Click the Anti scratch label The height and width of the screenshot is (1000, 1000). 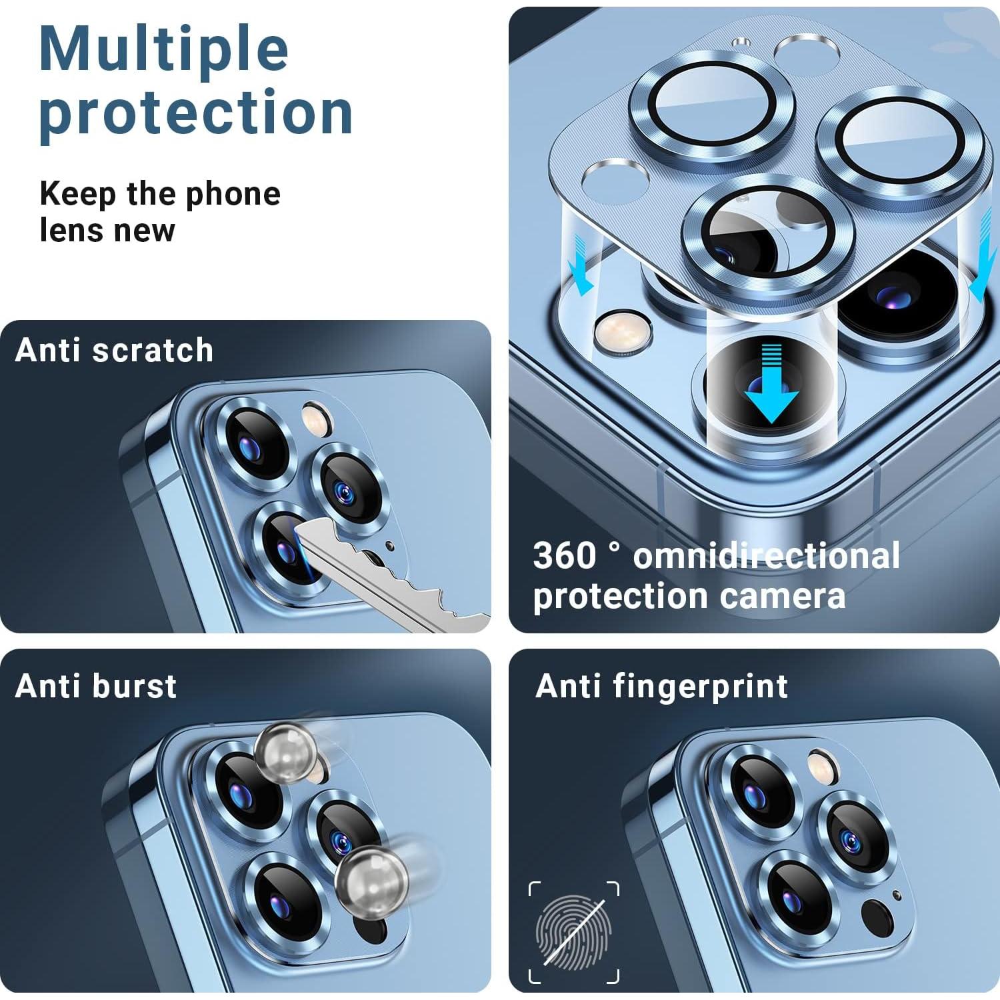coord(114,350)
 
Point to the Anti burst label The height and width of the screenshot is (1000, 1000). coord(96,685)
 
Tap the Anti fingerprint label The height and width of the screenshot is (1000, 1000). coord(661,685)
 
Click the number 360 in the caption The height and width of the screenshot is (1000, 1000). coord(565,555)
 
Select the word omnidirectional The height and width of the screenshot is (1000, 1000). coord(766,555)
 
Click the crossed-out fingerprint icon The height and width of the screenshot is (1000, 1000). coord(574,932)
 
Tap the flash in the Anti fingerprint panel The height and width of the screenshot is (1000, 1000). coord(821,764)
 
